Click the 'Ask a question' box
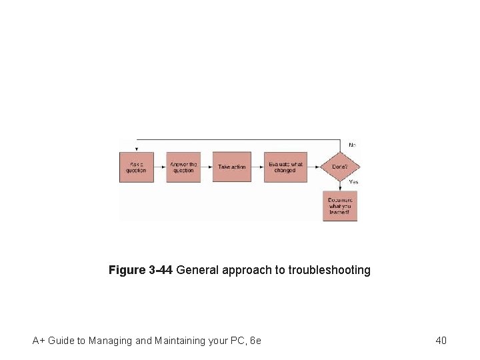pyautogui.click(x=136, y=167)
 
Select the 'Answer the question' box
pyautogui.click(x=183, y=167)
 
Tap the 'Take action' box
pyautogui.click(x=231, y=167)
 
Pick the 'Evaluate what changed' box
pyautogui.click(x=285, y=167)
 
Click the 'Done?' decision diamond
pyautogui.click(x=340, y=167)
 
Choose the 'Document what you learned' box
pyautogui.click(x=340, y=207)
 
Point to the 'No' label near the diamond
pyautogui.click(x=352, y=144)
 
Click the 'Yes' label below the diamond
pyautogui.click(x=353, y=181)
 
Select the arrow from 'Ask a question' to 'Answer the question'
pyautogui.click(x=159, y=167)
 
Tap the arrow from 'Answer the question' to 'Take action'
pyautogui.click(x=207, y=167)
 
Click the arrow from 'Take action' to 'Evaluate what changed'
pyautogui.click(x=257, y=167)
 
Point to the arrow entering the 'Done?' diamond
pyautogui.click(x=314, y=167)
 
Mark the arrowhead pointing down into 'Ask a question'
pyautogui.click(x=137, y=149)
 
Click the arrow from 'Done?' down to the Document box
pyautogui.click(x=340, y=186)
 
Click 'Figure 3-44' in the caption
pyautogui.click(x=141, y=270)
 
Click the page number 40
pyautogui.click(x=441, y=341)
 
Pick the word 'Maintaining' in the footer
pyautogui.click(x=182, y=341)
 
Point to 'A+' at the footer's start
pyautogui.click(x=38, y=341)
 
